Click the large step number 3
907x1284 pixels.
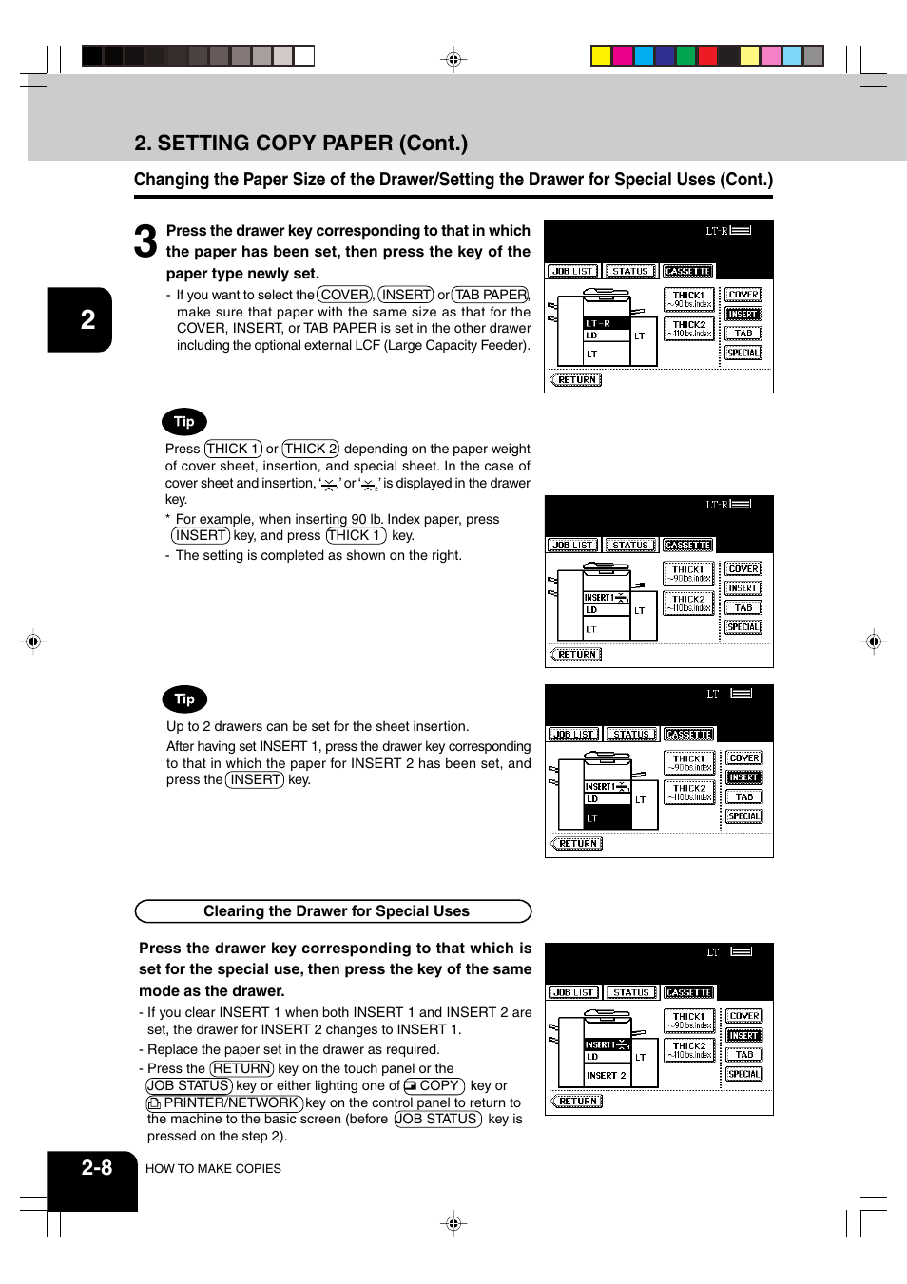[145, 241]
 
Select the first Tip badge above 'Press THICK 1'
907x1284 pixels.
[183, 422]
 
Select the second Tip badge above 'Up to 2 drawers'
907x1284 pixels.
[183, 699]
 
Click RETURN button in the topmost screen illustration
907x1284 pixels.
[576, 380]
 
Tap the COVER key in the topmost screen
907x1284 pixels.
[743, 295]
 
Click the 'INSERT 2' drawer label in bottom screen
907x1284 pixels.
[607, 1076]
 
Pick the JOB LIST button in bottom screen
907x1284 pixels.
[573, 993]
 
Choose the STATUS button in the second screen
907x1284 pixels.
[629, 546]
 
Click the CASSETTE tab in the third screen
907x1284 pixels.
[688, 735]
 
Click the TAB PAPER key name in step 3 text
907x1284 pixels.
[491, 296]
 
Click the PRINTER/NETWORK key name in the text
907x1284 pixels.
[225, 1103]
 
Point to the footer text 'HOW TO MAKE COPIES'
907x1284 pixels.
[213, 1169]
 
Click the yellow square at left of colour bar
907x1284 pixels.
[601, 56]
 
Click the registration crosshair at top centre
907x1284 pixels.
[453, 60]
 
